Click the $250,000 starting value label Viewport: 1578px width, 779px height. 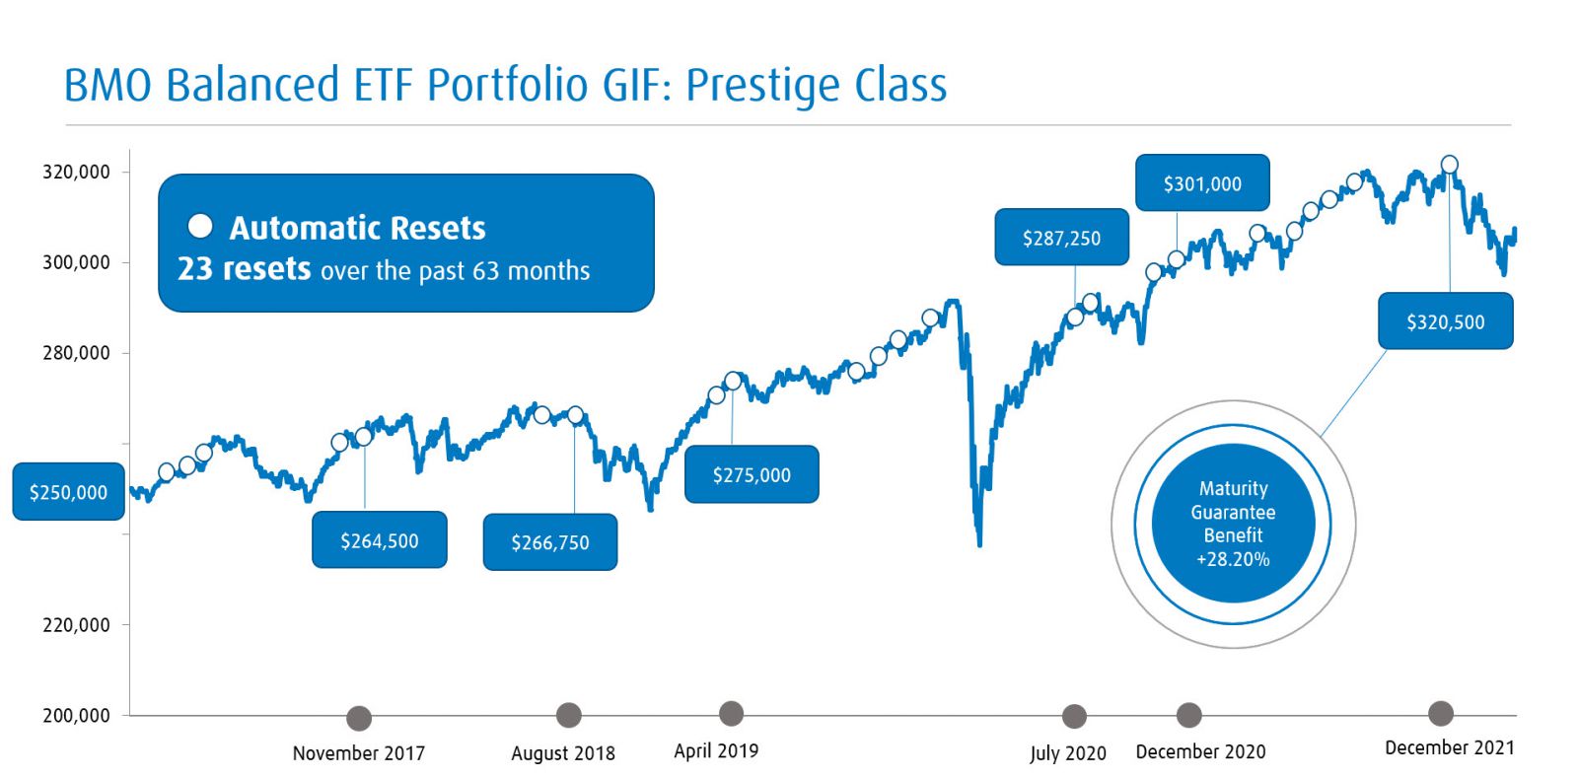click(x=68, y=492)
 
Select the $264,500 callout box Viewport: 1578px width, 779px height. click(x=379, y=540)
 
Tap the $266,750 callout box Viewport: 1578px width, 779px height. click(x=549, y=542)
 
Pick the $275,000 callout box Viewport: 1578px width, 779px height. click(x=752, y=475)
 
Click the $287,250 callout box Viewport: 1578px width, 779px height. click(x=1061, y=238)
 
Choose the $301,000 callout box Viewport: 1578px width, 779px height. click(x=1202, y=183)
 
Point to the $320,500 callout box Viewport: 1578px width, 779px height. click(x=1445, y=321)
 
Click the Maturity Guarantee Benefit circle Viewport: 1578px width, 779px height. click(x=1233, y=524)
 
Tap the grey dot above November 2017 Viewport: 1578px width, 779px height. click(x=359, y=718)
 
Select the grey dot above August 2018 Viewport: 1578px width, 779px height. click(x=569, y=715)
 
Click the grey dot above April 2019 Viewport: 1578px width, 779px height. click(x=731, y=713)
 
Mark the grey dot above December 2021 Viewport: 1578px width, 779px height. click(x=1441, y=713)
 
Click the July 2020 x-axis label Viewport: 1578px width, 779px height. click(x=1067, y=753)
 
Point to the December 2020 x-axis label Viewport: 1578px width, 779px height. click(x=1200, y=751)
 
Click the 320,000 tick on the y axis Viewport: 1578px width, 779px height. click(x=76, y=172)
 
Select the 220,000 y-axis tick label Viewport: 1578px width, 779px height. click(x=76, y=624)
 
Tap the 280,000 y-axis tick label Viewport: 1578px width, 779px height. click(x=76, y=353)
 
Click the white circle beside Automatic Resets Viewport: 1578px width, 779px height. click(x=200, y=226)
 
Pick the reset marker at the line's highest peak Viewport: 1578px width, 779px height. click(x=1449, y=165)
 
